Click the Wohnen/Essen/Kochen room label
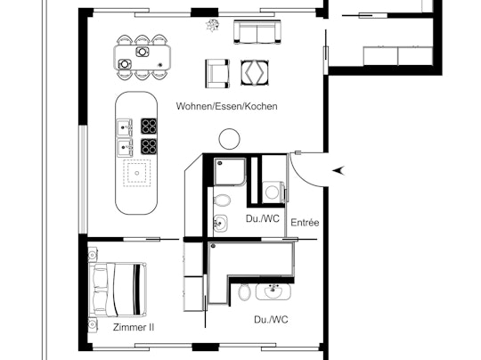[226, 106]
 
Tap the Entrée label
[306, 222]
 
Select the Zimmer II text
[134, 328]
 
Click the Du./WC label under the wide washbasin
[271, 319]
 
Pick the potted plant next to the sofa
[212, 25]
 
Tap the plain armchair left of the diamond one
[217, 71]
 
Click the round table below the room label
[229, 138]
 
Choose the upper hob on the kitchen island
[150, 127]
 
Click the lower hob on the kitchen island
[150, 146]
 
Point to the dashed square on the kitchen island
[137, 171]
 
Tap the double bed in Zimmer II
[116, 287]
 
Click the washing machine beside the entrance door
[272, 190]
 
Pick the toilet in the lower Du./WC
[244, 291]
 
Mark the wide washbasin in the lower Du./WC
[273, 291]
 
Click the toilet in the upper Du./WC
[224, 200]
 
